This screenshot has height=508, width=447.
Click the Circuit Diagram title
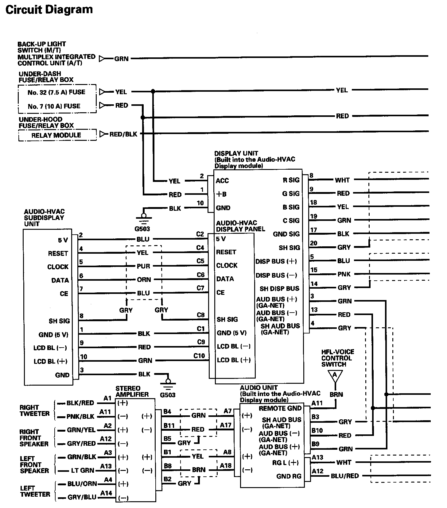tap(49, 10)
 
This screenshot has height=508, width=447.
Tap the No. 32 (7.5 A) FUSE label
tap(56, 92)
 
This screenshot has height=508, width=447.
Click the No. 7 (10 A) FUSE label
tap(54, 106)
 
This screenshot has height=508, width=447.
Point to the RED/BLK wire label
tap(123, 134)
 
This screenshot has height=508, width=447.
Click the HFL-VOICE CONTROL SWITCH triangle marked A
tap(335, 375)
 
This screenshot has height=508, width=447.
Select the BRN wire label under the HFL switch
tap(336, 394)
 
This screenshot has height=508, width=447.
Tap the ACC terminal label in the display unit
tap(222, 181)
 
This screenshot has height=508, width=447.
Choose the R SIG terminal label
tap(291, 180)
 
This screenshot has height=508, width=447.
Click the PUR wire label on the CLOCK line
tap(143, 266)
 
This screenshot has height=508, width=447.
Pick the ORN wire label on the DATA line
tap(144, 279)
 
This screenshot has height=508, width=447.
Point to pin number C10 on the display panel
tap(199, 356)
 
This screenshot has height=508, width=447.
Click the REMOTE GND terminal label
tap(280, 408)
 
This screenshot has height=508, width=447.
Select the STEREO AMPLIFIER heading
tap(132, 391)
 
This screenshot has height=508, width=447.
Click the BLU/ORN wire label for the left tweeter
tap(82, 484)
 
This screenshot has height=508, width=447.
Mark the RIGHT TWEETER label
tap(34, 410)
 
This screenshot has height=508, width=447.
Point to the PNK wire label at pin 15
tap(344, 274)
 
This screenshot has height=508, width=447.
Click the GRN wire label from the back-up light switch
tap(121, 59)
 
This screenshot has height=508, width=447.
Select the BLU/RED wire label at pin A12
tap(345, 476)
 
